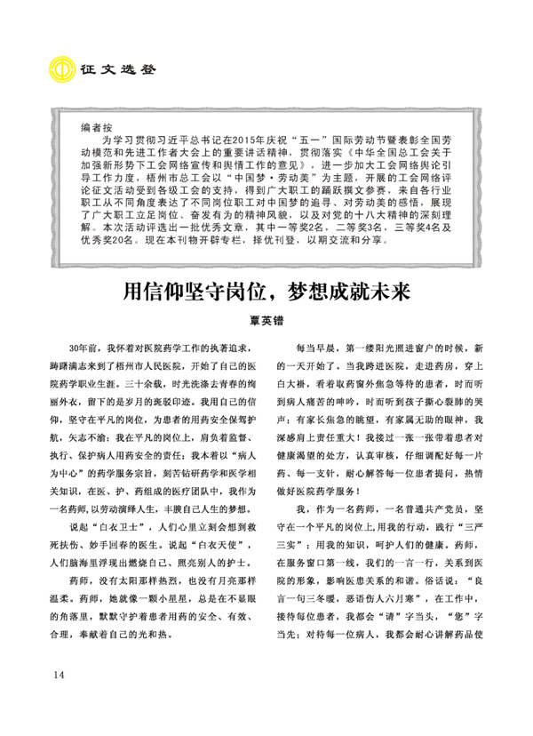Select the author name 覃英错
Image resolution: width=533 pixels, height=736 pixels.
click(x=266, y=322)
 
